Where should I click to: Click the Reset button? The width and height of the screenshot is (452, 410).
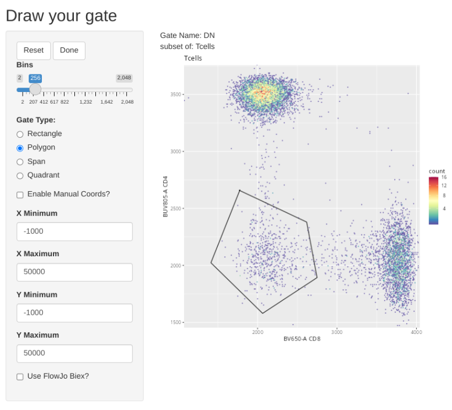point(34,50)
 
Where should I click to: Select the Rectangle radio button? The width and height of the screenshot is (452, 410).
point(20,134)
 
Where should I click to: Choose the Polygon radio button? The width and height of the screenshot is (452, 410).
point(20,148)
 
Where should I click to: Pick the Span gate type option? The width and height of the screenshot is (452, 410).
point(20,161)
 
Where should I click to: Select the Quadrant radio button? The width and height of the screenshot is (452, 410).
point(20,175)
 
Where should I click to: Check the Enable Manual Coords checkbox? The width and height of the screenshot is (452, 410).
point(20,195)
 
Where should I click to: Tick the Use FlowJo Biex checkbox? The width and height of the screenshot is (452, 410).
point(20,376)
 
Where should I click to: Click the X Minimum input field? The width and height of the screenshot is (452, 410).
point(74,231)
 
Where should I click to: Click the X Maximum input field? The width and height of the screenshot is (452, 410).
point(74,272)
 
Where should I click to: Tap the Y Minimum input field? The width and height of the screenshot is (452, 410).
point(74,312)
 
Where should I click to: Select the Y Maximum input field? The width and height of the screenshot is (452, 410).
point(74,353)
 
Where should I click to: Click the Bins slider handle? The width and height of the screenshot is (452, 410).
point(35,89)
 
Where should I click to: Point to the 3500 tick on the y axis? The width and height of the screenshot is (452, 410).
point(176,95)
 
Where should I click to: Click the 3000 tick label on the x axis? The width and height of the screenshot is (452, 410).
point(337,332)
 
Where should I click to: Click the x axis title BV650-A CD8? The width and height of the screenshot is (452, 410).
point(302,339)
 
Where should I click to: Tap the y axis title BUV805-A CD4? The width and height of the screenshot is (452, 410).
point(165,197)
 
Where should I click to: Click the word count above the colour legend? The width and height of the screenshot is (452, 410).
point(437,171)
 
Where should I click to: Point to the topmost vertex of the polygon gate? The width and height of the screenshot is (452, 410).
point(240,190)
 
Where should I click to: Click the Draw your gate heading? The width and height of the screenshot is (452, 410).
point(61,15)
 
